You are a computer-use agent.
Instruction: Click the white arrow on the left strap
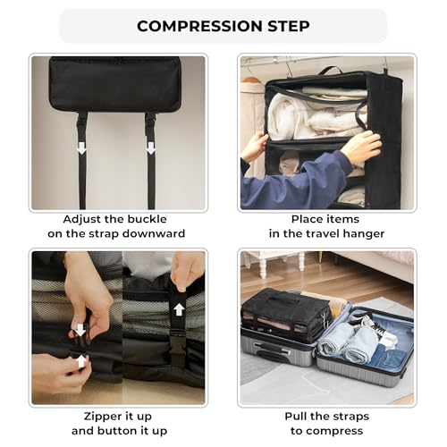tap(82, 148)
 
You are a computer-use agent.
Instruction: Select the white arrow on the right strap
tap(150, 148)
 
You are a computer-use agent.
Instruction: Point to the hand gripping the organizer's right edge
tap(362, 148)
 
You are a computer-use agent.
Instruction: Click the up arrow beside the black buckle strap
tap(178, 309)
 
